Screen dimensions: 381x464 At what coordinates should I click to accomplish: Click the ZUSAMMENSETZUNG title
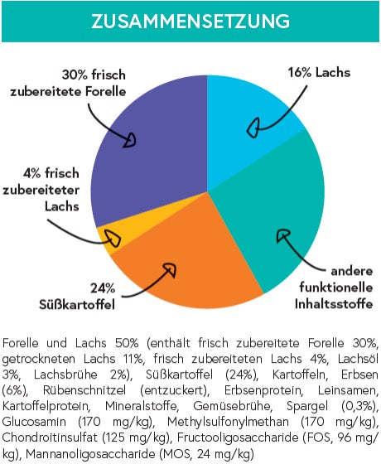pyautogui.click(x=190, y=22)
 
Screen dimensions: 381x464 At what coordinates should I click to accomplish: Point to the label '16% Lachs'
pyautogui.click(x=319, y=73)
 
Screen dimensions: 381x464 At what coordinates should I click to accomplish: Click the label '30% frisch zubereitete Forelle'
pyautogui.click(x=68, y=83)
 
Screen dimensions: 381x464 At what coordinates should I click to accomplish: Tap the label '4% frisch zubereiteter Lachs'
pyautogui.click(x=41, y=190)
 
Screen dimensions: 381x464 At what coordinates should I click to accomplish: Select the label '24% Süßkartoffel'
pyautogui.click(x=77, y=297)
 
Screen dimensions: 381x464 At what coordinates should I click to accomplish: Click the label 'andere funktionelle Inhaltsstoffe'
pyautogui.click(x=334, y=288)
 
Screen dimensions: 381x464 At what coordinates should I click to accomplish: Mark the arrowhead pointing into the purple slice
pyautogui.click(x=130, y=140)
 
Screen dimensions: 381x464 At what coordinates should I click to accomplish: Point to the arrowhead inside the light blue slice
pyautogui.click(x=253, y=128)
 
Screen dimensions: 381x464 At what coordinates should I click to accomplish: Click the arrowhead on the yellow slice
pyautogui.click(x=114, y=239)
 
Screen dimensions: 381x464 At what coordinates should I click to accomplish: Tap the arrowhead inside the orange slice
pyautogui.click(x=170, y=268)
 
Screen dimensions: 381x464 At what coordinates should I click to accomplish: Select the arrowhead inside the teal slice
pyautogui.click(x=282, y=235)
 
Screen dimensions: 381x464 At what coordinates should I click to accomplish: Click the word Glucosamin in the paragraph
pyautogui.click(x=34, y=422)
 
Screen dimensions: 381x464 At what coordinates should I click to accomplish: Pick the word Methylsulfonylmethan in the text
pyautogui.click(x=228, y=422)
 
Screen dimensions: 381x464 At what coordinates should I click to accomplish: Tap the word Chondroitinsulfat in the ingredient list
pyautogui.click(x=50, y=437)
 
